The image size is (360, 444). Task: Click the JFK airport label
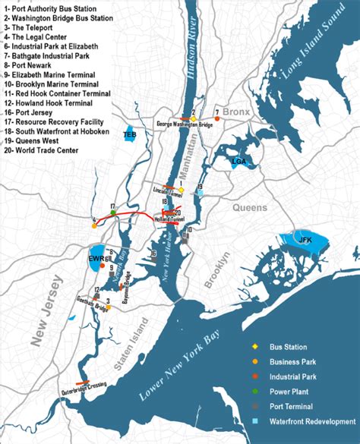point(305,241)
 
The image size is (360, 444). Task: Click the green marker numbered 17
point(112,213)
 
